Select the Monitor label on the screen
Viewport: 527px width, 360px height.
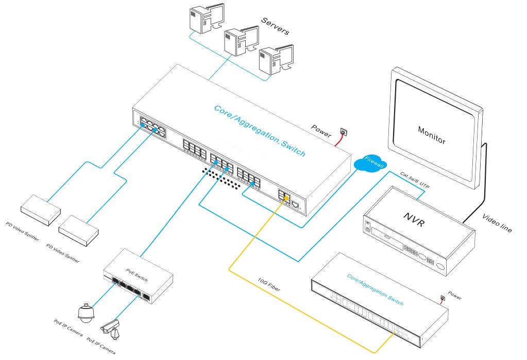click(432, 135)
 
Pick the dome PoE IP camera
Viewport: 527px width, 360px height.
click(86, 312)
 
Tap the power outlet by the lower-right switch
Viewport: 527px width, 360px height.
click(441, 298)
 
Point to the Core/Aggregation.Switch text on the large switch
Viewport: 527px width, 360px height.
click(260, 131)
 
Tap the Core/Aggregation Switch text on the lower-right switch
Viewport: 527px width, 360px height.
click(375, 289)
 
